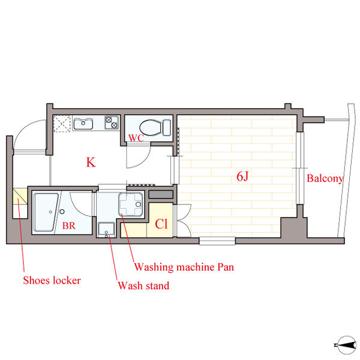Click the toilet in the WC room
tap(155, 128)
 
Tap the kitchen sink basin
tap(83, 124)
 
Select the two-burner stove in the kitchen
tap(112, 122)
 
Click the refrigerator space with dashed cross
tap(62, 124)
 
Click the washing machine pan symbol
tap(131, 205)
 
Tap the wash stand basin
tap(106, 229)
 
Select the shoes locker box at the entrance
tap(20, 196)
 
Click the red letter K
tap(91, 162)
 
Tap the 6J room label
tap(242, 176)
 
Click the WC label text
tap(136, 138)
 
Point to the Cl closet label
tap(161, 224)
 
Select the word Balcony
tap(325, 179)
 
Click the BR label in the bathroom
tap(69, 226)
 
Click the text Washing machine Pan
tap(184, 267)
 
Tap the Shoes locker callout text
tap(52, 280)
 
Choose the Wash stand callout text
tap(143, 286)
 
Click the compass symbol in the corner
tap(346, 344)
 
